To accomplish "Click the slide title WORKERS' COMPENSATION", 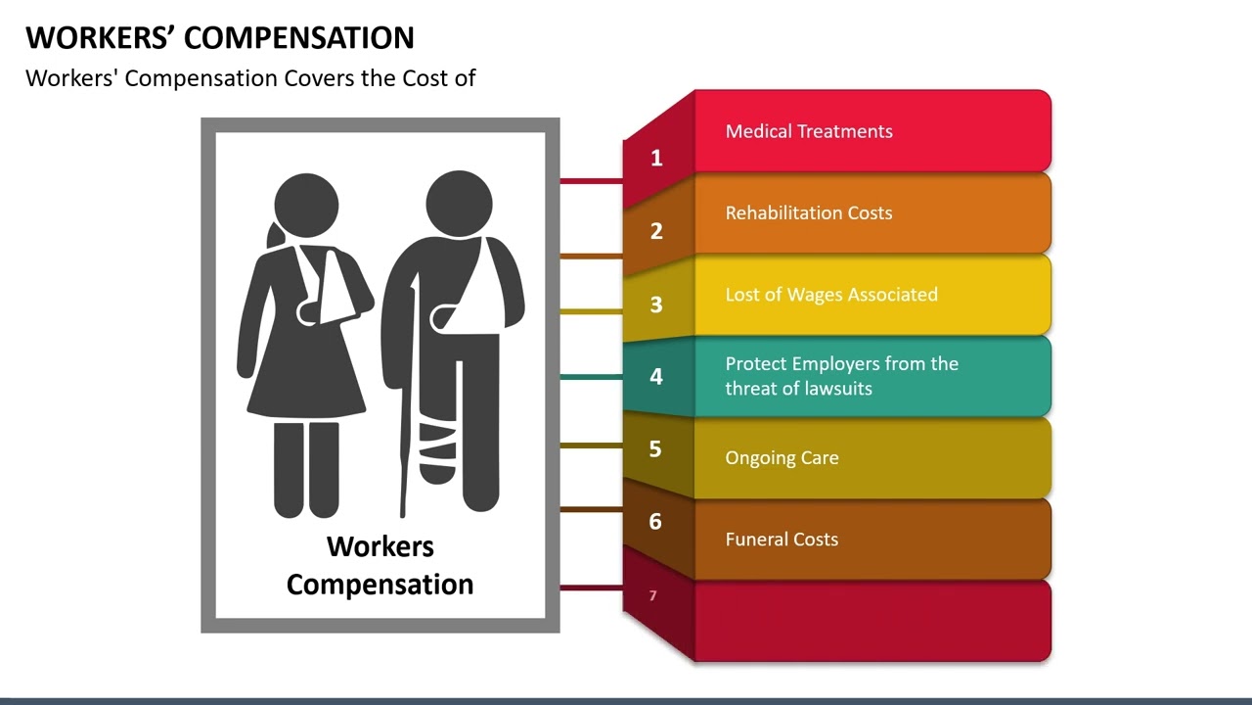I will (x=220, y=37).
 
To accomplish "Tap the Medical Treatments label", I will (x=809, y=131).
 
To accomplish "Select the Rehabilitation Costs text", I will (x=809, y=212).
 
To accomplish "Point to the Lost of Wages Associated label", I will (x=831, y=295).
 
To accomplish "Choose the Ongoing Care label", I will (x=782, y=457).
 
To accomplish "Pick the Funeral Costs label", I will (x=782, y=540).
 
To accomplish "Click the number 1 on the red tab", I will (x=656, y=158).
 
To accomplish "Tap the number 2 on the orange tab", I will (x=656, y=231).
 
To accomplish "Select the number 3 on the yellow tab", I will (x=656, y=305).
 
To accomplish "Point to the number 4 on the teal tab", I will (x=656, y=376).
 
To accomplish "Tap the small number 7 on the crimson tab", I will (x=652, y=595).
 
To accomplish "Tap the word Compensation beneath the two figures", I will (x=380, y=585).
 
